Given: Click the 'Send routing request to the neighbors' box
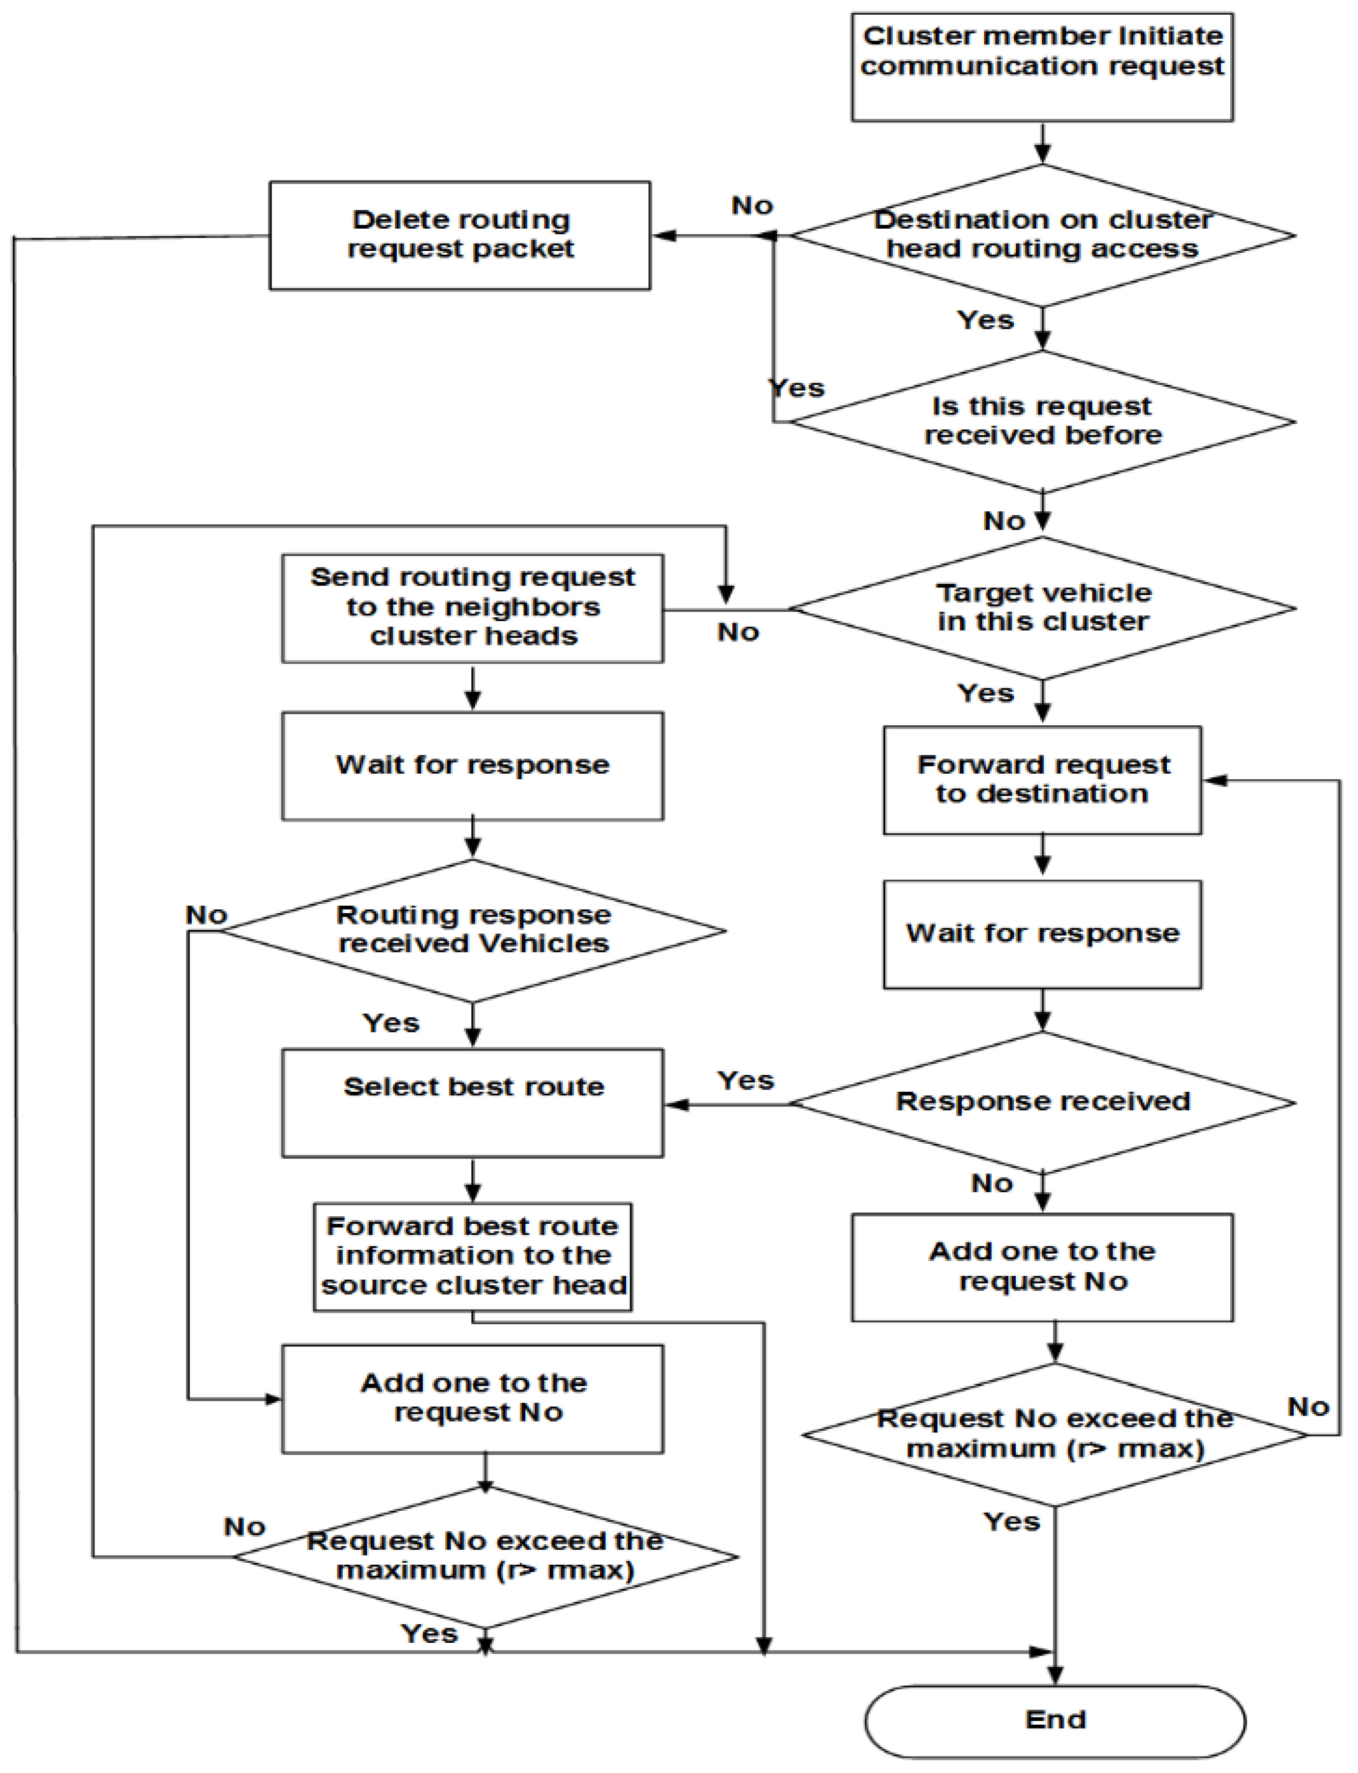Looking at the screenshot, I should click(473, 608).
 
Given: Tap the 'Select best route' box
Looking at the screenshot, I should click(473, 1103).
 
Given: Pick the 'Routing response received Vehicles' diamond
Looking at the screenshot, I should click(473, 931).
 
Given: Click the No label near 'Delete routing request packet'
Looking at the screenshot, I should click(752, 205).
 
